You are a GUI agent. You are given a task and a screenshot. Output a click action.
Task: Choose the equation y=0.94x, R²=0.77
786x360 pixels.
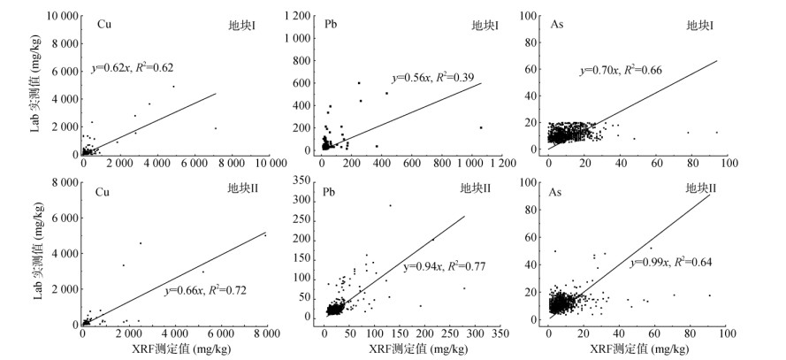point(446,266)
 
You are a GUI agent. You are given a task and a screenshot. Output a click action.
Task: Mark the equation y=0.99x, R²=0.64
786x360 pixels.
point(670,263)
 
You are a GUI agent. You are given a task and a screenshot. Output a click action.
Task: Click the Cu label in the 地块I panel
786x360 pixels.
point(104,23)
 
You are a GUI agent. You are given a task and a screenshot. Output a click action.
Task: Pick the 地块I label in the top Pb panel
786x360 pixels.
point(485,24)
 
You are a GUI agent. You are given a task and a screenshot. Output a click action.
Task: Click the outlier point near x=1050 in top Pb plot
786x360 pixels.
point(480,127)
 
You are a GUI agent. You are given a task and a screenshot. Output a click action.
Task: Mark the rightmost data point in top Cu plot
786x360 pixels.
point(215,128)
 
